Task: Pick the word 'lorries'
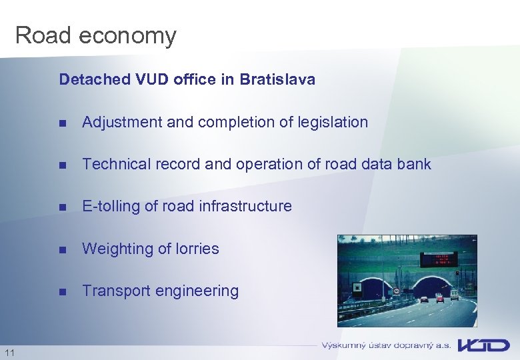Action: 197,249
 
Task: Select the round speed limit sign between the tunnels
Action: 396,291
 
